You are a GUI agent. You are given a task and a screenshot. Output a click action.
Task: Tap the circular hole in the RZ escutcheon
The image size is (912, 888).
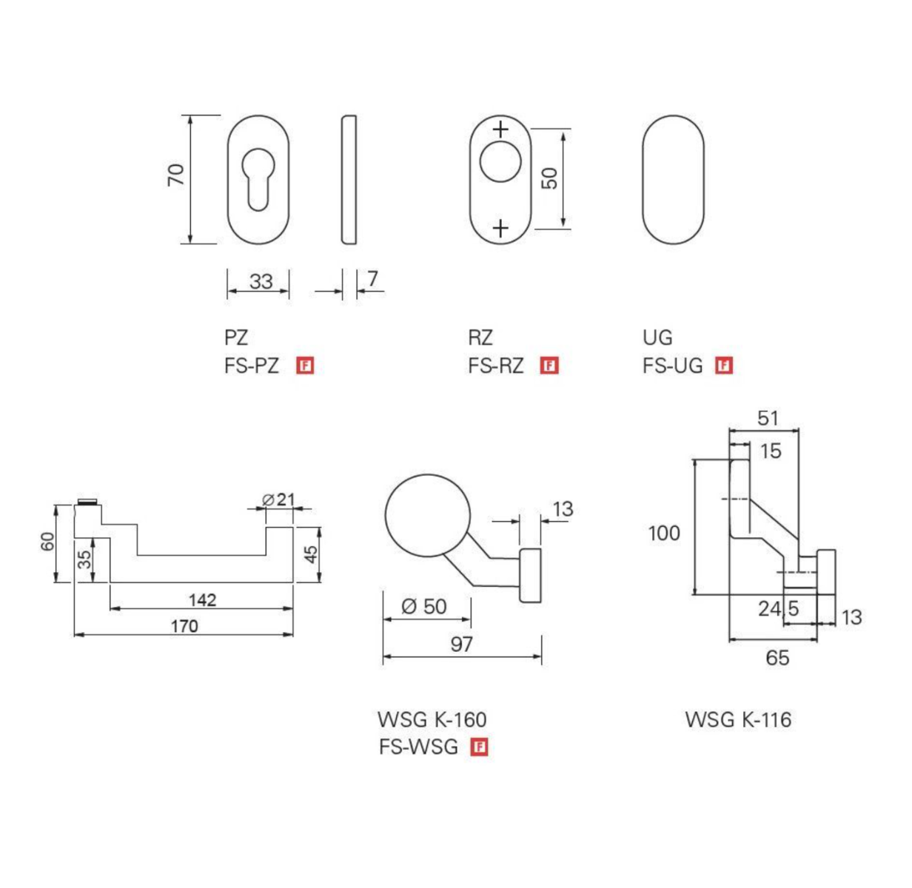(x=500, y=161)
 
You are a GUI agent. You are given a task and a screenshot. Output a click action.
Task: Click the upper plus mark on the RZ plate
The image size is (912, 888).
(x=500, y=129)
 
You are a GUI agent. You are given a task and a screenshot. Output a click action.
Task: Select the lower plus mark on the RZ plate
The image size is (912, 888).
(x=500, y=229)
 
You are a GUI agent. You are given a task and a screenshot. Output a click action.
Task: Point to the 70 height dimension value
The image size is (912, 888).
(x=176, y=175)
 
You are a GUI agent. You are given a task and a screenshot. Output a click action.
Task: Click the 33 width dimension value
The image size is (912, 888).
(x=261, y=281)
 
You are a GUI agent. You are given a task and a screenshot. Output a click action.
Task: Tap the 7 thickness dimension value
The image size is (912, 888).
(x=372, y=279)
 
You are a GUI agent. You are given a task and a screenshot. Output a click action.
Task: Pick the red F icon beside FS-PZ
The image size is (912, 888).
(x=305, y=365)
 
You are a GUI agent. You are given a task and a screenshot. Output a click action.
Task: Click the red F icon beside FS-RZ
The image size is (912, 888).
(x=549, y=365)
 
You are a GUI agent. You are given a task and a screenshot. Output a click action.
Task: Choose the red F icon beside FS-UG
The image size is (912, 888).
(x=723, y=365)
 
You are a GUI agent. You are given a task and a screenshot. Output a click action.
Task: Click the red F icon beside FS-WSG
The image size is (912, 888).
(x=479, y=747)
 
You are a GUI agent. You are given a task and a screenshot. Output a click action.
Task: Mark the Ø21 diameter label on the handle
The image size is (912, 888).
(x=278, y=499)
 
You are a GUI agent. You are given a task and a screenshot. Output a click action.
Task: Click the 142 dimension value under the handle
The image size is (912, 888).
(x=202, y=600)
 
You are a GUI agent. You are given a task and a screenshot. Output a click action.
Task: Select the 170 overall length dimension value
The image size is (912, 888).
(x=184, y=626)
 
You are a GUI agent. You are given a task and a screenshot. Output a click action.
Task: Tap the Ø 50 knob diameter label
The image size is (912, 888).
(x=423, y=606)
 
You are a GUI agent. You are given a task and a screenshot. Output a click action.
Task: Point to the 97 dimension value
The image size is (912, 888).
(x=461, y=645)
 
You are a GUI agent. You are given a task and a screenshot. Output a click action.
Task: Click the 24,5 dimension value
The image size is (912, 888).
(x=779, y=609)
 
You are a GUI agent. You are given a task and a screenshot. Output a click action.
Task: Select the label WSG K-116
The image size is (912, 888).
(x=738, y=719)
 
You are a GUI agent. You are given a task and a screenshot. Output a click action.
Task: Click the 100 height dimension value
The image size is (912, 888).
(x=663, y=533)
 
